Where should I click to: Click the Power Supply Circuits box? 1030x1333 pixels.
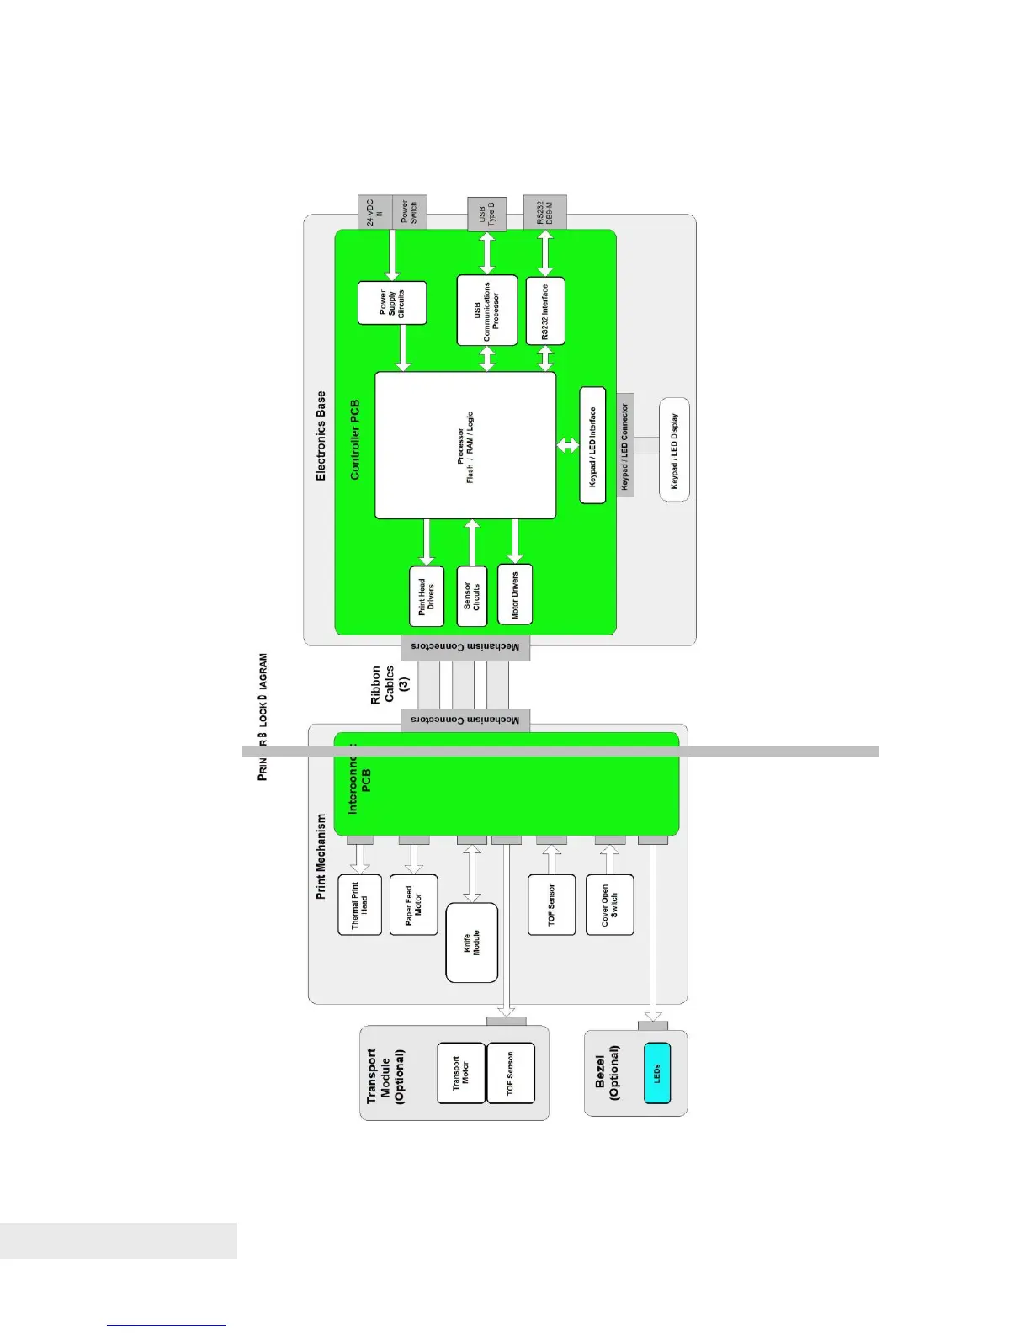click(392, 303)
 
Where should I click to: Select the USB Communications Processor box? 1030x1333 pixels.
click(487, 310)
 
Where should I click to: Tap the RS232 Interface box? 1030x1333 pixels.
click(545, 311)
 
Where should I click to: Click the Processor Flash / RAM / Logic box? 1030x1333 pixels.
click(465, 445)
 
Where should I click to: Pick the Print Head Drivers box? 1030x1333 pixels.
click(427, 596)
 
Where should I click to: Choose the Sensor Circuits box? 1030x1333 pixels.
click(472, 596)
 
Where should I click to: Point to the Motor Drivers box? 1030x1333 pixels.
click(515, 594)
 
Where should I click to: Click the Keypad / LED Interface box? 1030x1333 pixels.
click(592, 445)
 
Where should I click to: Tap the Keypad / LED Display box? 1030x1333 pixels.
click(674, 449)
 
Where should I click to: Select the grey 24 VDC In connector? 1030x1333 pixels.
click(375, 212)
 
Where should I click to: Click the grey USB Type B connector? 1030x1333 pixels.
click(487, 214)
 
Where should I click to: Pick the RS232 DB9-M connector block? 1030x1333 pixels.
click(545, 212)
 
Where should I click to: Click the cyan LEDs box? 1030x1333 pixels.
click(657, 1073)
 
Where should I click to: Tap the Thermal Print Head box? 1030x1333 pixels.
click(359, 905)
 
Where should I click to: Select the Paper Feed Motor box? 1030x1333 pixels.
click(413, 905)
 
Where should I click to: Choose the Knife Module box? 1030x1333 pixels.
click(471, 943)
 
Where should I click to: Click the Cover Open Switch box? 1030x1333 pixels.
click(609, 905)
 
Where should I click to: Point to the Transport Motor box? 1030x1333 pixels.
click(461, 1073)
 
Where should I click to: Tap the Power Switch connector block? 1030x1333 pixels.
click(410, 212)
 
